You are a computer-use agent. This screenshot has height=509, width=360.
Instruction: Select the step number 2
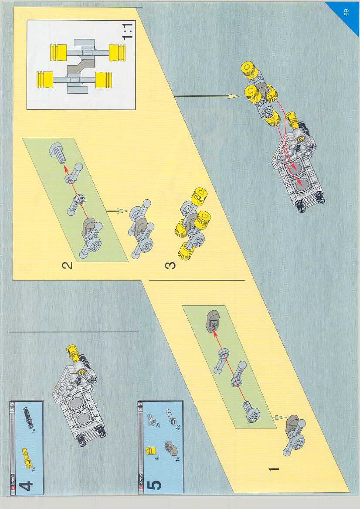tap(67, 265)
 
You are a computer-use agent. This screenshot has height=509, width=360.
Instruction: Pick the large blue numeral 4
tap(26, 486)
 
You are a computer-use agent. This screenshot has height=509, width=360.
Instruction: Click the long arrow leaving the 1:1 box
tap(206, 96)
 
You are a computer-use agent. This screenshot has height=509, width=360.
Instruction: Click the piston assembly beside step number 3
tap(193, 222)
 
